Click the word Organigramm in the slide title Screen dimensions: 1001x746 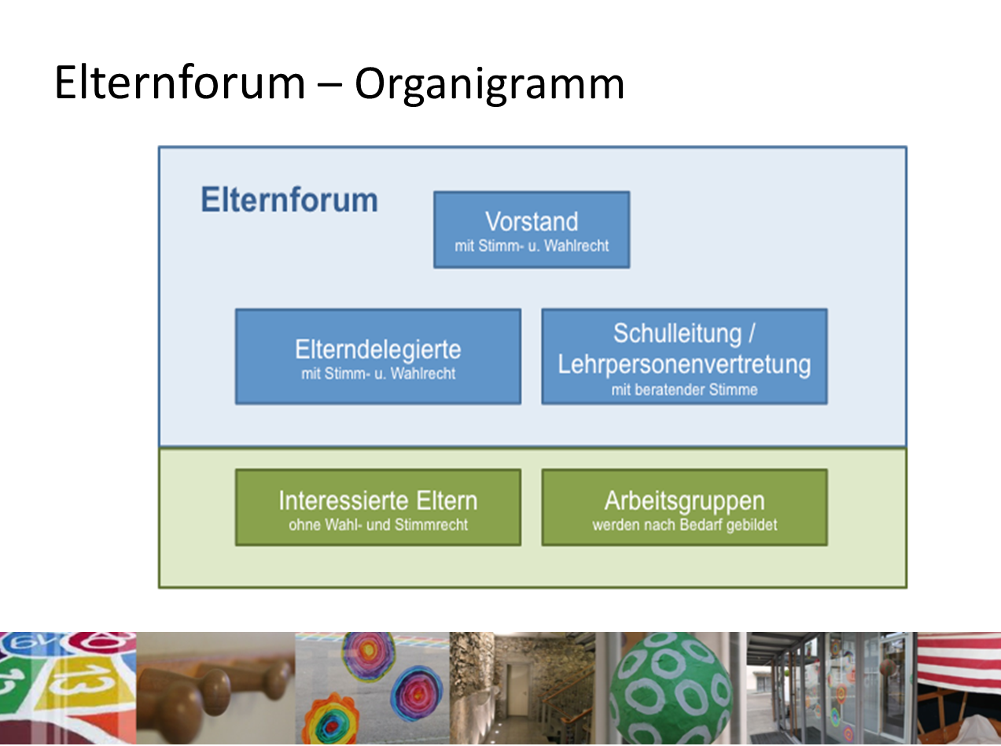point(489,84)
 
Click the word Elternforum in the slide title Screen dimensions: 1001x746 point(180,83)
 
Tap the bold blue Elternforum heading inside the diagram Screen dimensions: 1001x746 point(289,200)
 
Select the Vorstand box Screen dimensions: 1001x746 point(532,230)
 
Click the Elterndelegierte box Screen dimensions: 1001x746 point(378,356)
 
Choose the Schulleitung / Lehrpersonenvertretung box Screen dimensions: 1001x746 point(685,356)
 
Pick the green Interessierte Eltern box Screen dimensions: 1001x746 point(378,507)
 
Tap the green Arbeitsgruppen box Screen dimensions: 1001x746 point(685,507)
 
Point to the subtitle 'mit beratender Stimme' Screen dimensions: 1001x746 point(685,390)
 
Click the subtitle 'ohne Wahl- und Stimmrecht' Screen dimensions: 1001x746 point(378,525)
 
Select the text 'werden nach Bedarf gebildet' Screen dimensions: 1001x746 point(685,525)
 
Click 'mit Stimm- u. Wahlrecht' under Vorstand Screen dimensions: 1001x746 point(532,246)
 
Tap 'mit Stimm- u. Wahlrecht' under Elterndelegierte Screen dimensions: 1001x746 point(378,373)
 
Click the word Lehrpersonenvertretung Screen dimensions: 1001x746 point(685,365)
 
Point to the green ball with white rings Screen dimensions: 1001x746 point(671,688)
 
